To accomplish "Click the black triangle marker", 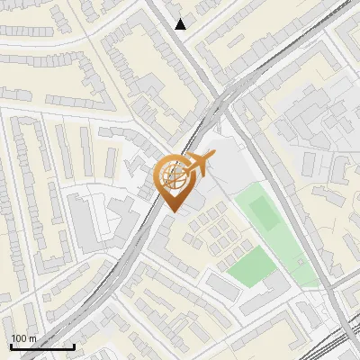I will click(x=181, y=24).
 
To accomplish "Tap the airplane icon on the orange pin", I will click(x=199, y=163).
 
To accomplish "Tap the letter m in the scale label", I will click(x=33, y=338).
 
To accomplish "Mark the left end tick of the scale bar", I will click(x=10, y=346).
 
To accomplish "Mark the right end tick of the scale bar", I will click(x=74, y=346).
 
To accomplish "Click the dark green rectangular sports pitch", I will click(x=264, y=212).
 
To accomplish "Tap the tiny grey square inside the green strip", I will click(x=300, y=261).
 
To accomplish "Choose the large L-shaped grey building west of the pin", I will click(x=90, y=216).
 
